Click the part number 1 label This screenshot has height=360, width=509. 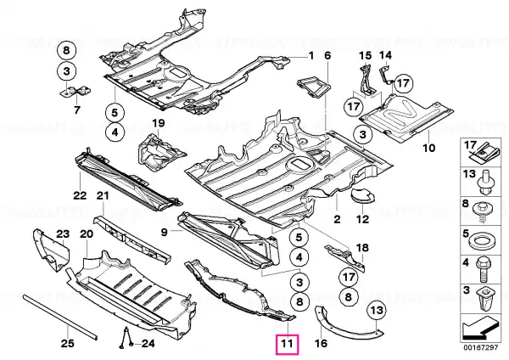point(310,56)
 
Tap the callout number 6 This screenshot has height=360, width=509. point(328,56)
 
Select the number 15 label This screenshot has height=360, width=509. point(366,56)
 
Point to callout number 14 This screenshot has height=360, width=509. point(386,56)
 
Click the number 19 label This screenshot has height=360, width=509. point(157,126)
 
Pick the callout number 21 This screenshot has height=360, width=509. point(102,196)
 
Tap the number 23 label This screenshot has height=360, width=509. point(63,233)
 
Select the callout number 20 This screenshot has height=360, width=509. point(86,233)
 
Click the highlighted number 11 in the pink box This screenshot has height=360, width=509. point(287,344)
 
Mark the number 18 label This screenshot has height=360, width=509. point(361,247)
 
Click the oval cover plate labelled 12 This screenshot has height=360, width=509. point(364,195)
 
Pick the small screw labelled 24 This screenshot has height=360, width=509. point(125,339)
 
